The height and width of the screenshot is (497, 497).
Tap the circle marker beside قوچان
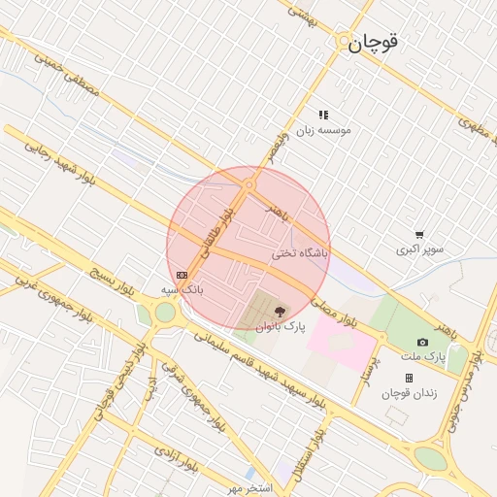pos(347,43)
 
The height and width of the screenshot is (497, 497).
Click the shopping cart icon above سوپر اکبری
pos(419,234)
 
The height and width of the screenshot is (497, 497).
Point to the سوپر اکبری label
pos(419,249)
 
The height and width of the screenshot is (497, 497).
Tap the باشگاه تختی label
pos(301,253)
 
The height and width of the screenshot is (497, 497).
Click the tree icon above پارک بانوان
pos(281,312)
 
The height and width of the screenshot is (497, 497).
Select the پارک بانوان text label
pos(281,327)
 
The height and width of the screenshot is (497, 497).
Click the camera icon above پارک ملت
pos(422,342)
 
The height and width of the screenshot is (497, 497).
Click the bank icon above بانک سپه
pos(182,275)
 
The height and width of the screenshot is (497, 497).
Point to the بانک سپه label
pos(182,289)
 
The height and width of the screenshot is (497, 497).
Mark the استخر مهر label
pos(248,485)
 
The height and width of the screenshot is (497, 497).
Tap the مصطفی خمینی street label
pos(67,74)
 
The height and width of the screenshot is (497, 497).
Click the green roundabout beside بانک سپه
pos(165,313)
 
